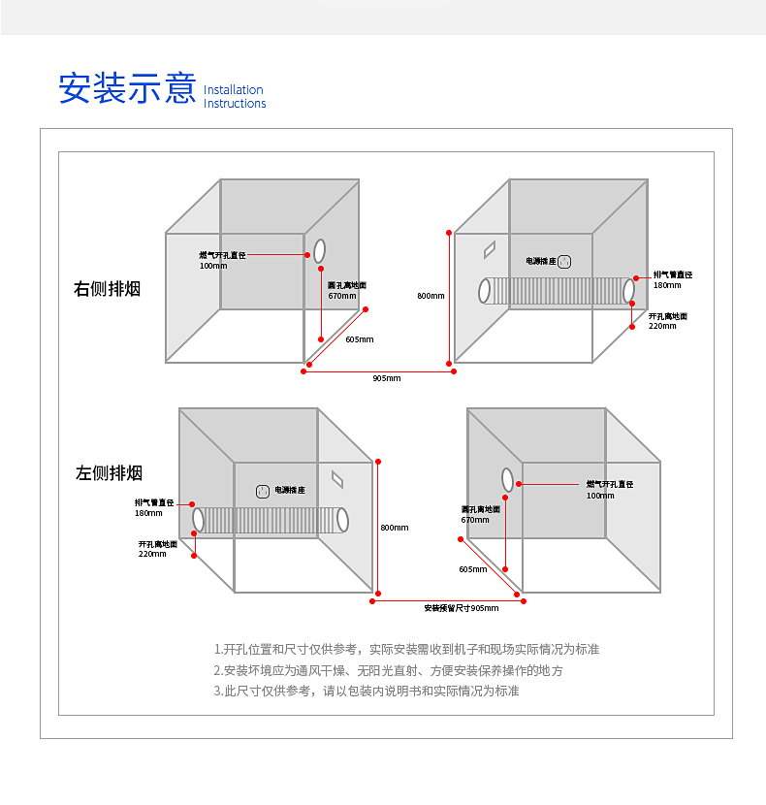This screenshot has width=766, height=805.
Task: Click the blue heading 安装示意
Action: pyautogui.click(x=127, y=87)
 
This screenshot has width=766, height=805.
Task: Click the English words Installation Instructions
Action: pyautogui.click(x=235, y=97)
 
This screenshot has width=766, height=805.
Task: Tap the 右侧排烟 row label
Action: pyautogui.click(x=108, y=289)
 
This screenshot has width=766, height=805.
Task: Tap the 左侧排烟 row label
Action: pyautogui.click(x=110, y=473)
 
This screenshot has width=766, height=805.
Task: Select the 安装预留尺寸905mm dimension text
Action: pyautogui.click(x=461, y=608)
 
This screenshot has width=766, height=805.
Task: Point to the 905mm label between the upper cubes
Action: pyautogui.click(x=386, y=378)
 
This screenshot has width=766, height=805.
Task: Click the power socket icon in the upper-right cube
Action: pyautogui.click(x=564, y=261)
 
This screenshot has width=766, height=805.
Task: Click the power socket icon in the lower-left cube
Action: pyautogui.click(x=262, y=491)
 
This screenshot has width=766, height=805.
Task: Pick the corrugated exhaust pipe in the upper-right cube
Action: pyautogui.click(x=559, y=291)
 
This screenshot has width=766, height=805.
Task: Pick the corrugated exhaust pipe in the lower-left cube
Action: pyautogui.click(x=271, y=520)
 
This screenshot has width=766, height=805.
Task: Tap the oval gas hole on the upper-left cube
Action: pyautogui.click(x=319, y=250)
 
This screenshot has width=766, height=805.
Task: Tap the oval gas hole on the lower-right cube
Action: pyautogui.click(x=507, y=478)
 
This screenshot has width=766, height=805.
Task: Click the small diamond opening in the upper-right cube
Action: pyautogui.click(x=491, y=248)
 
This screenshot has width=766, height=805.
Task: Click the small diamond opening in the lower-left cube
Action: pyautogui.click(x=337, y=478)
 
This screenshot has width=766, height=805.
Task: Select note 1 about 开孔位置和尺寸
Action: pyautogui.click(x=413, y=649)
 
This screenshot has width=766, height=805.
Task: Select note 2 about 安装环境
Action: pyautogui.click(x=388, y=670)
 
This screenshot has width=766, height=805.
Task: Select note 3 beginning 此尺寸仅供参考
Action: pyautogui.click(x=367, y=692)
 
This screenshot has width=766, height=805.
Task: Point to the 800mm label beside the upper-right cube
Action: pyautogui.click(x=431, y=296)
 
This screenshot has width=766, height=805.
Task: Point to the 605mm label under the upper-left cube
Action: pyautogui.click(x=359, y=339)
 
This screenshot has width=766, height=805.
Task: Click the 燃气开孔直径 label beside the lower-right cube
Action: pyautogui.click(x=609, y=484)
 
